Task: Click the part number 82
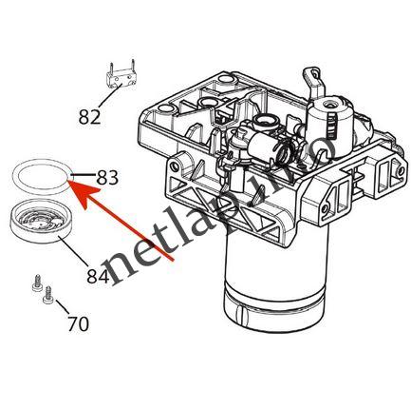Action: (89, 117)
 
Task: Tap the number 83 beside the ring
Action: (107, 177)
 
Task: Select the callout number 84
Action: (97, 277)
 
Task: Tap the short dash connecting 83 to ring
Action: (84, 175)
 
